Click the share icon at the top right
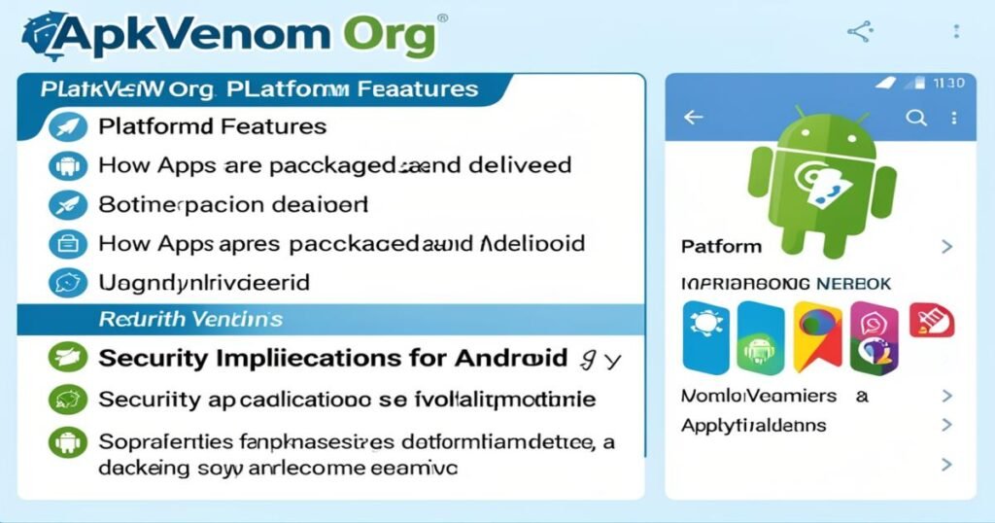click(x=860, y=32)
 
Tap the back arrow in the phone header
click(x=693, y=118)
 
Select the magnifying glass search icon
click(x=915, y=118)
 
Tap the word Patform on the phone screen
click(x=721, y=247)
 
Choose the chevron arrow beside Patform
click(x=947, y=247)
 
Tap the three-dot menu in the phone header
click(x=955, y=118)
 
